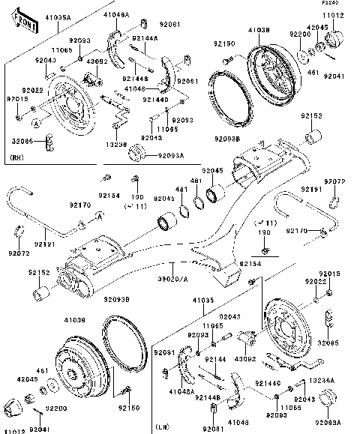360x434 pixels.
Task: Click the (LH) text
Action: click(163, 427)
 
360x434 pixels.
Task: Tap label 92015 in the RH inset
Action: click(18, 98)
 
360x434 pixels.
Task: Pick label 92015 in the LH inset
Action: click(331, 274)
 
